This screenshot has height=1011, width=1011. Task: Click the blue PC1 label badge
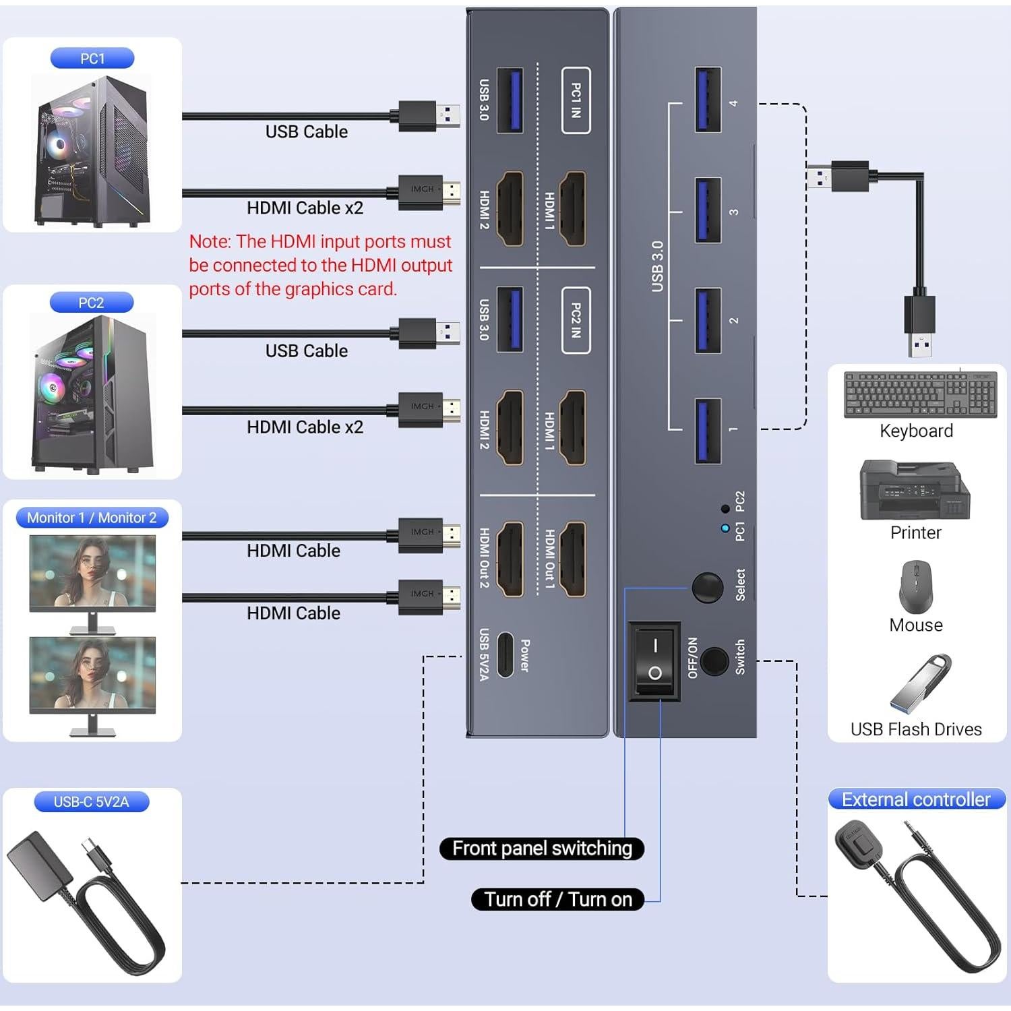click(x=92, y=59)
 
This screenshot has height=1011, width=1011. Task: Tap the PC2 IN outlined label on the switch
click(x=576, y=320)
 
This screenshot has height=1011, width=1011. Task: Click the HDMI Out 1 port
click(x=574, y=559)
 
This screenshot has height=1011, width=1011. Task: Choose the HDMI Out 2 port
click(x=510, y=559)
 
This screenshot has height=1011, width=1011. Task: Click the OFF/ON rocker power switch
click(x=654, y=661)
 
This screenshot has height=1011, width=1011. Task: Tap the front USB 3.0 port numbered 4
click(x=708, y=100)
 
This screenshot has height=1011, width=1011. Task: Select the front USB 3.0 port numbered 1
click(x=708, y=431)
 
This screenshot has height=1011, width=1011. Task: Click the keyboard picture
click(x=920, y=396)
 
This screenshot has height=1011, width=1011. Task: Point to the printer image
click(x=915, y=490)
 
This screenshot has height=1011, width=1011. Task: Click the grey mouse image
click(x=915, y=586)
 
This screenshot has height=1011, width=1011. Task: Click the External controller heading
click(x=916, y=799)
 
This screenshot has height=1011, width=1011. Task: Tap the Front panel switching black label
click(x=542, y=848)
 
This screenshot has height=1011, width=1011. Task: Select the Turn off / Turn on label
click(x=558, y=899)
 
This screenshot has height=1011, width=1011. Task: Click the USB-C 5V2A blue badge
click(x=91, y=802)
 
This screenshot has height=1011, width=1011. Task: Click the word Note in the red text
click(x=210, y=241)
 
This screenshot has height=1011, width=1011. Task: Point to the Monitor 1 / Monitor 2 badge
click(x=92, y=518)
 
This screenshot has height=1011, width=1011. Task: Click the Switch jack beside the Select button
click(x=714, y=661)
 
